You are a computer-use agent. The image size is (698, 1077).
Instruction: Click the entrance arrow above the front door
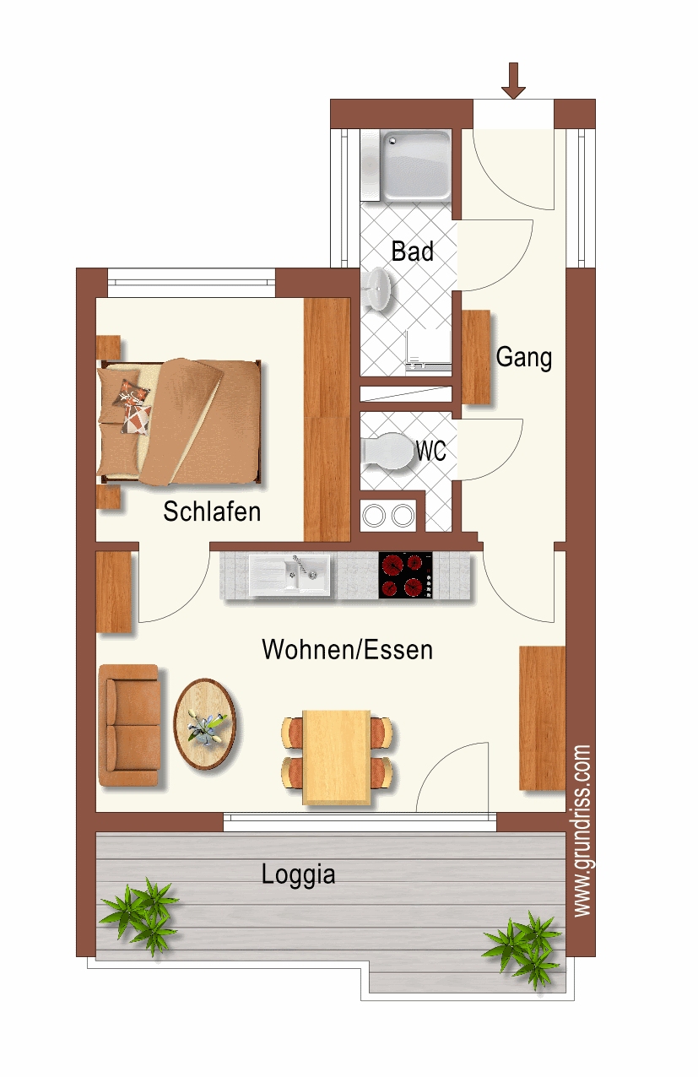click(513, 81)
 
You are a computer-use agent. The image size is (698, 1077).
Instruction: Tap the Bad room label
click(412, 251)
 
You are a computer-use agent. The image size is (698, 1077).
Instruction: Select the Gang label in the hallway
click(524, 358)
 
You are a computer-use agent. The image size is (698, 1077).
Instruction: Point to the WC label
click(431, 451)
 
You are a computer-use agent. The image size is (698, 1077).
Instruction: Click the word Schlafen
click(212, 511)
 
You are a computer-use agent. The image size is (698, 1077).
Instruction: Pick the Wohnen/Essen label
click(348, 650)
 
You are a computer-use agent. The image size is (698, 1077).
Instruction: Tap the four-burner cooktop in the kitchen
click(406, 575)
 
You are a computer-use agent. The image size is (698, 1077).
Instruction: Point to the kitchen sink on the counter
click(289, 576)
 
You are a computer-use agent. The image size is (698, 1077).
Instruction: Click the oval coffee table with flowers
click(205, 724)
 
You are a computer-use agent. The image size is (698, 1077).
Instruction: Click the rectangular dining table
click(337, 757)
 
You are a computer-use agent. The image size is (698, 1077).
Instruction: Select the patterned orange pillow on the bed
click(131, 392)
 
